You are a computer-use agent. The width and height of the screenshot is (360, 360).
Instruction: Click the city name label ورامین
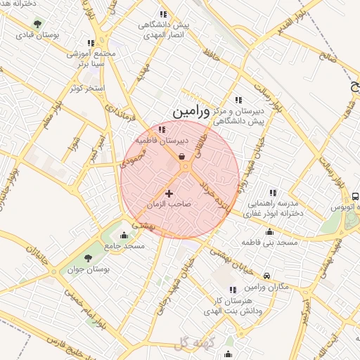click(191, 111)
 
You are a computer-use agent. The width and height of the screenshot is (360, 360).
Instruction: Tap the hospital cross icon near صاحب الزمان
click(169, 193)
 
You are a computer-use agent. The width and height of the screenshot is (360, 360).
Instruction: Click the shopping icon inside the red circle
click(183, 157)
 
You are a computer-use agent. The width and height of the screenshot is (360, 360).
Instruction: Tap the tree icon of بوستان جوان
click(88, 258)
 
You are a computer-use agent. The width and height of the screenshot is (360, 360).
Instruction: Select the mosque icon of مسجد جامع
click(124, 236)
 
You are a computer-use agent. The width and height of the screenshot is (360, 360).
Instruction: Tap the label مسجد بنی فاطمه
click(270, 242)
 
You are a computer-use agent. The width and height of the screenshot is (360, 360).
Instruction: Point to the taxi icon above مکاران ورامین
click(267, 276)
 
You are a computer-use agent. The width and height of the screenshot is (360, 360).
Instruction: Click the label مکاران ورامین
click(267, 287)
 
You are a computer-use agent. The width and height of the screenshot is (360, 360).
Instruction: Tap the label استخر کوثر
click(88, 88)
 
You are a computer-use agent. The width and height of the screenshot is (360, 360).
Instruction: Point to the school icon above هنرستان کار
click(233, 290)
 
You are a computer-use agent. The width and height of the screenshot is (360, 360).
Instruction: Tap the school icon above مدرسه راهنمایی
click(274, 193)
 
